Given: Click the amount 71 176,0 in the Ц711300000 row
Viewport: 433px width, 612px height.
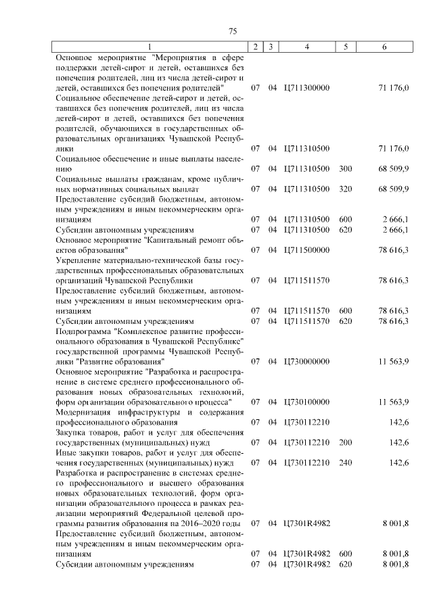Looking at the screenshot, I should [394, 88].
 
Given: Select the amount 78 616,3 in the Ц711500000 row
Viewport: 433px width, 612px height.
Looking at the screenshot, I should [394, 250].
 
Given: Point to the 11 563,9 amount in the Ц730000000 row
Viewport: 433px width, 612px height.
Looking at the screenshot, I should [394, 362].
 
